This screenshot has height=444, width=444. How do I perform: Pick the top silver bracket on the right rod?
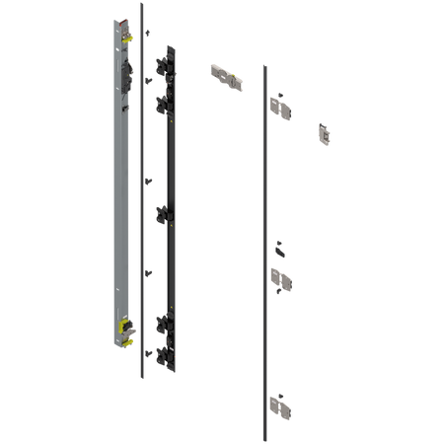click(281, 105)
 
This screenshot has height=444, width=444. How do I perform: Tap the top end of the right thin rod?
click(262, 65)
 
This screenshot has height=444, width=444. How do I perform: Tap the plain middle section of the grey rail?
click(116, 197)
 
